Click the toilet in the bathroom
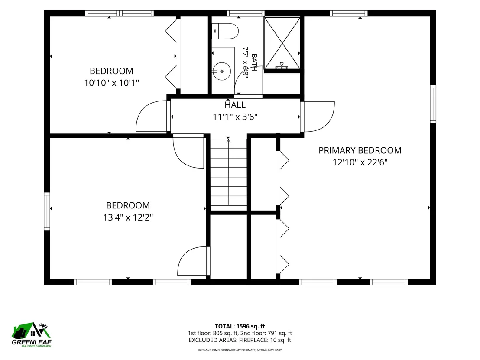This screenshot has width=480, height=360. click(x=225, y=31)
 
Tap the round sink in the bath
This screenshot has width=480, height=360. click(x=222, y=71)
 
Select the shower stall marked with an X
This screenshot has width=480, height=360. click(x=282, y=43)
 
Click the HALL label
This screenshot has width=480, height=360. click(x=235, y=105)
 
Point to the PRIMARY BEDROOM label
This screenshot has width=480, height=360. click(x=360, y=151)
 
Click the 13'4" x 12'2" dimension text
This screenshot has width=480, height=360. click(x=128, y=217)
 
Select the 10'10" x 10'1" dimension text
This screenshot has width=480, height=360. click(x=112, y=83)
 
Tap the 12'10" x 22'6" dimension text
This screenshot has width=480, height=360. click(x=360, y=162)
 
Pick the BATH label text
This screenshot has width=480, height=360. click(x=254, y=62)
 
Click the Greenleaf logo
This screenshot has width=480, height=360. click(x=32, y=335)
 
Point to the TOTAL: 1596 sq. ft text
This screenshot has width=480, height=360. click(x=240, y=326)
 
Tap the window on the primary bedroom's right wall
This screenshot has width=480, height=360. click(x=433, y=104)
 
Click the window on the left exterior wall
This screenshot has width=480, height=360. click(x=47, y=211)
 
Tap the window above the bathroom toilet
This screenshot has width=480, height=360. click(x=246, y=13)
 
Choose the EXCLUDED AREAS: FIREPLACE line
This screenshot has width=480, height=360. click(x=240, y=340)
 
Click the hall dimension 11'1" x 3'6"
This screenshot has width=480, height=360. click(x=235, y=117)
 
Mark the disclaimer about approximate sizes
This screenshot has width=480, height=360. click(x=240, y=350)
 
